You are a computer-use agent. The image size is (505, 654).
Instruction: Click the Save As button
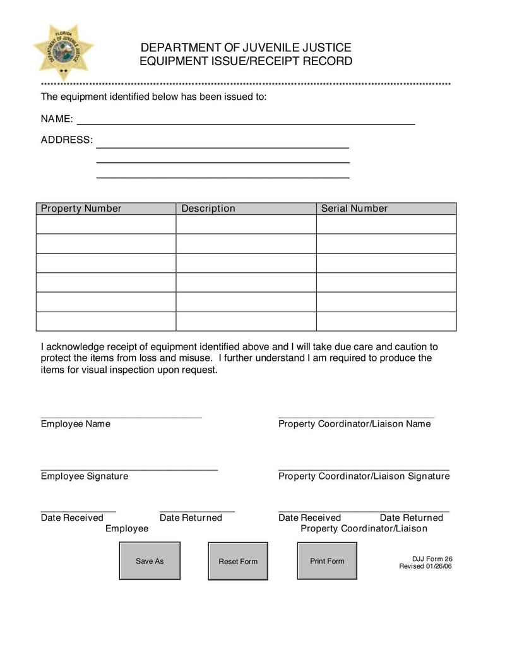tap(150, 561)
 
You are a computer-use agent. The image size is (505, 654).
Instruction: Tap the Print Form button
tap(327, 561)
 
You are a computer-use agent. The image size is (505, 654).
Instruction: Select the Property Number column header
tap(81, 209)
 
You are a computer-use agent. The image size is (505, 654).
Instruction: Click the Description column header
tap(208, 209)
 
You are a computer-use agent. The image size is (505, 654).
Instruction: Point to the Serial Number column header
tap(354, 209)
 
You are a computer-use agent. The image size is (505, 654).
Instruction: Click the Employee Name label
tap(75, 424)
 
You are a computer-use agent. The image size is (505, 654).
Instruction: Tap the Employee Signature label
tap(84, 476)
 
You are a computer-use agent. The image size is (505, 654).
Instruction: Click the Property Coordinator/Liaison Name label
tap(354, 424)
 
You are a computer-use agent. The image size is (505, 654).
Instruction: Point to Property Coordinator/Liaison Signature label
tap(364, 476)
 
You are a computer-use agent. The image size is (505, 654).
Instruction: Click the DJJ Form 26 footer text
tap(432, 559)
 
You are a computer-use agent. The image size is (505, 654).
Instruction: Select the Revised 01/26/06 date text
tap(425, 566)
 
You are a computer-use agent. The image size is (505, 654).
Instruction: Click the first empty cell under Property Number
tap(105, 224)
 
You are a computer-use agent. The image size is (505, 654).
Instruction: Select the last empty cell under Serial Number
tap(386, 322)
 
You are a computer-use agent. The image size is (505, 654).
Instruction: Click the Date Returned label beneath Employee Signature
tap(191, 518)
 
